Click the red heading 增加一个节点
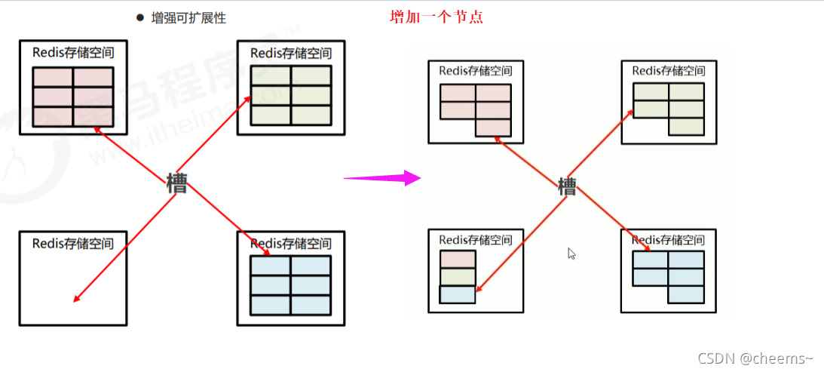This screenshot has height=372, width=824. (436, 17)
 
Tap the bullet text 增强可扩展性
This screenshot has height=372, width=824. (188, 17)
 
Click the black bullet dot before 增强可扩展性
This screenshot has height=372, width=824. (139, 17)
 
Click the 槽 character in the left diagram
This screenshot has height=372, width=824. (176, 183)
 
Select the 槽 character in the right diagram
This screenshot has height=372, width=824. (567, 186)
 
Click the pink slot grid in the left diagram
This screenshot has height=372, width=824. (73, 97)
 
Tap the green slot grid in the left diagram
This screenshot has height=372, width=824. (291, 95)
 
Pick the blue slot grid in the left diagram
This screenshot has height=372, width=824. (291, 285)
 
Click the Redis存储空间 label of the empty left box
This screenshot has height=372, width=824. (73, 243)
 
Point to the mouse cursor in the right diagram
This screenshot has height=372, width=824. (572, 254)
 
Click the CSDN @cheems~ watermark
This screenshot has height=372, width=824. (755, 358)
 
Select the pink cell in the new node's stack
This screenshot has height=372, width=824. (458, 260)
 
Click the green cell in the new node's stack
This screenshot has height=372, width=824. (458, 277)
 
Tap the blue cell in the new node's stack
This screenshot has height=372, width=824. (458, 294)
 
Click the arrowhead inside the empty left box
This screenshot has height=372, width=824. (76, 300)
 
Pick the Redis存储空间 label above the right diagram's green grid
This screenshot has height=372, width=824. (669, 71)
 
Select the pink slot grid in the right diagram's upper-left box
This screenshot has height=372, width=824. (476, 106)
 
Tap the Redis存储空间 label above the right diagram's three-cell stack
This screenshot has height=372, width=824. (476, 240)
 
